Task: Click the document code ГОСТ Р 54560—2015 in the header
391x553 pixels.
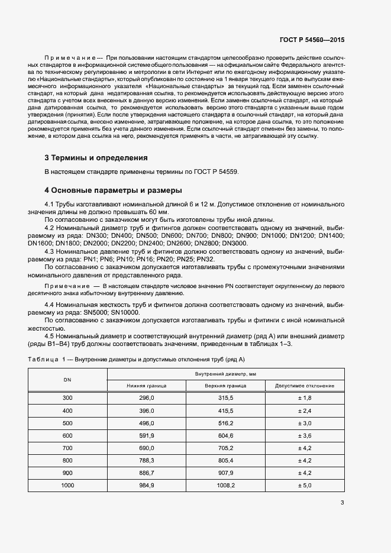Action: click(311, 40)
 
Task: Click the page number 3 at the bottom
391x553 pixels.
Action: click(342, 503)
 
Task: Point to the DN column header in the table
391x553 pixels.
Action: click(67, 380)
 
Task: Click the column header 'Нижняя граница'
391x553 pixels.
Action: click(146, 386)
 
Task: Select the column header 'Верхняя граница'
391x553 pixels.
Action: click(226, 386)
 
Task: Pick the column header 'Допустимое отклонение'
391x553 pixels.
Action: click(305, 386)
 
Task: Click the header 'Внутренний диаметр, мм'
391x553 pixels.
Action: click(225, 374)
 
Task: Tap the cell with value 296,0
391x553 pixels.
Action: click(146, 398)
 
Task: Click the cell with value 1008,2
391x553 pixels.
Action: click(226, 485)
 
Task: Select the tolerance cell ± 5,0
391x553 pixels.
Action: click(305, 485)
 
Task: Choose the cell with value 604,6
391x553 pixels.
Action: click(226, 435)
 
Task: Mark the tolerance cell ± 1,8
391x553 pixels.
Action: click(305, 398)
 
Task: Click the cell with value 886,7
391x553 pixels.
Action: click(146, 473)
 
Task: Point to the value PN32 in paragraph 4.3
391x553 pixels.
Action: click(205, 259)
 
